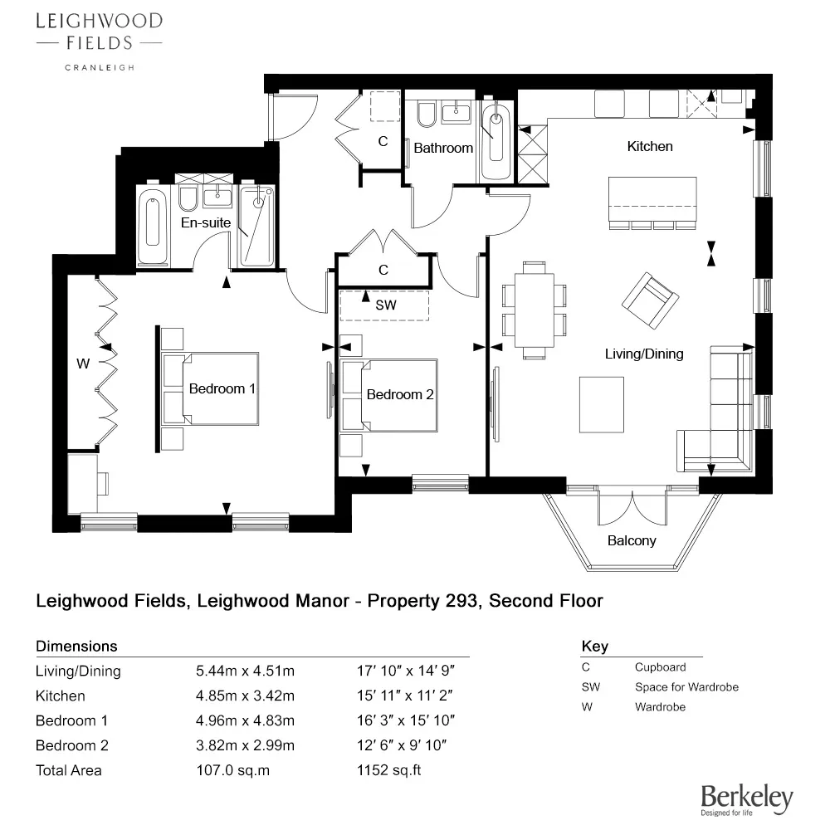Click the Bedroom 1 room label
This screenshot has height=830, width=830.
click(222, 388)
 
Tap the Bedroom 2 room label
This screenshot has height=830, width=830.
click(400, 394)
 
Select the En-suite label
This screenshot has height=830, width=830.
click(206, 222)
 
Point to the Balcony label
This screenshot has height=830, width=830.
click(632, 540)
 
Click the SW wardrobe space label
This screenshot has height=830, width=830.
click(386, 305)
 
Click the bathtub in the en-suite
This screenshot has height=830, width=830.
click(152, 220)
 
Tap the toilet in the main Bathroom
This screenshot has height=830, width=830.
click(427, 115)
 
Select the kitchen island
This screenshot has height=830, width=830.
click(652, 198)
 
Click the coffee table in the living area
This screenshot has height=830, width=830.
click(602, 404)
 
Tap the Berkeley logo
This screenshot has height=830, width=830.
click(746, 798)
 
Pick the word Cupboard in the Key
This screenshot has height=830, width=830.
click(660, 666)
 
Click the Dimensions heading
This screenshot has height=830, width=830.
click(76, 646)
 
